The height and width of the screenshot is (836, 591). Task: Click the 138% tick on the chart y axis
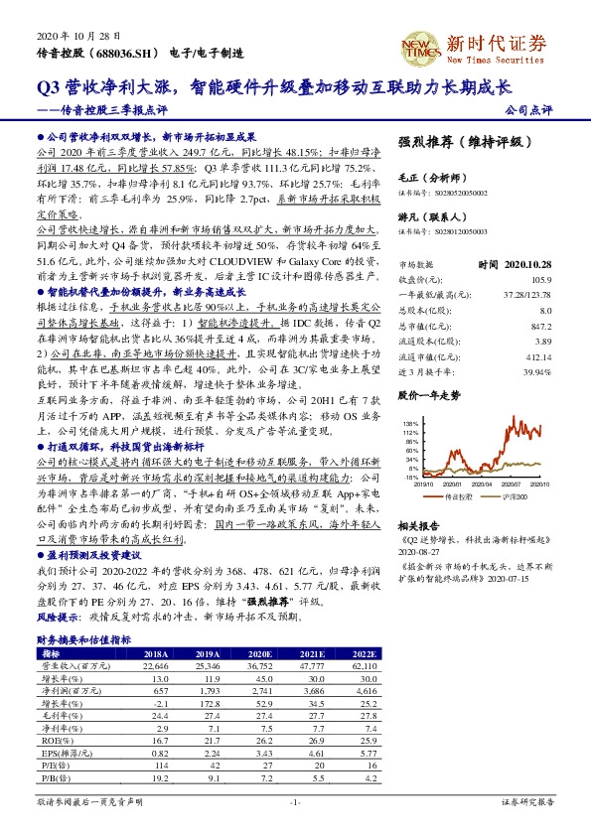408,424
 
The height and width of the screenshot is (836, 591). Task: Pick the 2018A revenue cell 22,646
157,668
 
